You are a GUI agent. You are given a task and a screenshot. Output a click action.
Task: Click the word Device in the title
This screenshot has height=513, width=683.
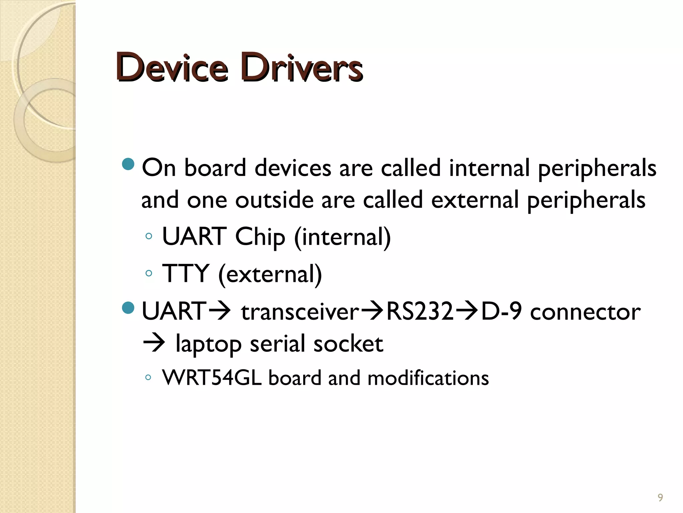click(172, 67)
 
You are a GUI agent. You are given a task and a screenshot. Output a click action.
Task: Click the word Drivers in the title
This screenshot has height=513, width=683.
click(302, 67)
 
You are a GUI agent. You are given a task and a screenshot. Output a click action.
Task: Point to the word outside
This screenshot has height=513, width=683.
click(274, 200)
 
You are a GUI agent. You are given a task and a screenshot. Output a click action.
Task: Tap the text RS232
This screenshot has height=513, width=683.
click(420, 311)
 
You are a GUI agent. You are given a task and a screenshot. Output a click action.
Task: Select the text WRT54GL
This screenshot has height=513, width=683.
click(212, 378)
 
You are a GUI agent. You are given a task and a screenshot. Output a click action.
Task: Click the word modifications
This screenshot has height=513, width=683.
click(428, 378)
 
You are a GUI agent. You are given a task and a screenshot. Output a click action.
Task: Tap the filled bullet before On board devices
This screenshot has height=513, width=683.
click(128, 164)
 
